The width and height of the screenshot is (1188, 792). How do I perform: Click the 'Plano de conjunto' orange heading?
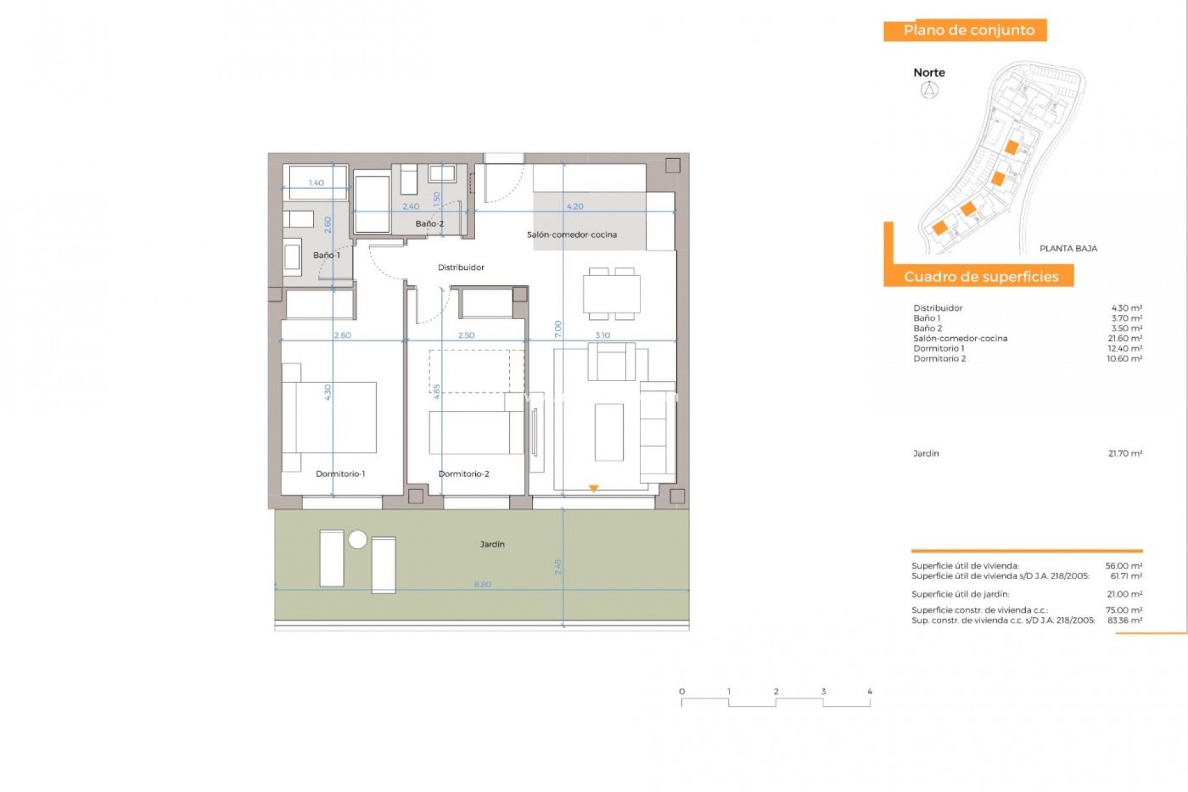968,30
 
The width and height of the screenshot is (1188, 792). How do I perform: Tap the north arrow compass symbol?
929,90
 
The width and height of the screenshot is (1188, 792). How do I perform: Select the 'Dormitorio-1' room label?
340,474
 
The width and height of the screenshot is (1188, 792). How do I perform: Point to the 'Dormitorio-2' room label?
463,474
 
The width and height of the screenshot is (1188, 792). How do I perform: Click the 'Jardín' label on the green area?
492,544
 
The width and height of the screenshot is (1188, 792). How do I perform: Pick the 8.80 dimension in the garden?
482,584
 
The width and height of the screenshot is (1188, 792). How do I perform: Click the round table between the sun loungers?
358,540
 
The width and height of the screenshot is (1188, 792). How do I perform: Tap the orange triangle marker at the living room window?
593,488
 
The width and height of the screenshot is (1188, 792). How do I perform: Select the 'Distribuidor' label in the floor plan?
461,267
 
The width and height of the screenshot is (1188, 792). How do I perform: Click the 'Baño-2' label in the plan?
429,224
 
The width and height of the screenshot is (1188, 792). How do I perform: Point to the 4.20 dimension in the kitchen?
575,207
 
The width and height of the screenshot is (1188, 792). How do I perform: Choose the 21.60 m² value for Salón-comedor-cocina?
1124,338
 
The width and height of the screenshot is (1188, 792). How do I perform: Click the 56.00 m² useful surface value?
1124,566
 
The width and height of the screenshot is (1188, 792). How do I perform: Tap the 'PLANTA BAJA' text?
1068,249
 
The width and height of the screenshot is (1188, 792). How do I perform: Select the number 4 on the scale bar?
869,692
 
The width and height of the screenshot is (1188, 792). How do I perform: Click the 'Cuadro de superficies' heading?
981,277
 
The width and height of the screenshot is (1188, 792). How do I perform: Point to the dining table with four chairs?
611,294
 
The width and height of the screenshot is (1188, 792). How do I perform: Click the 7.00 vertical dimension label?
558,329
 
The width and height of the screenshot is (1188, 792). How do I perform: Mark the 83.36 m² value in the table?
1124,620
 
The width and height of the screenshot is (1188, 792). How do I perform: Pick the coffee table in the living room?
609,432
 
